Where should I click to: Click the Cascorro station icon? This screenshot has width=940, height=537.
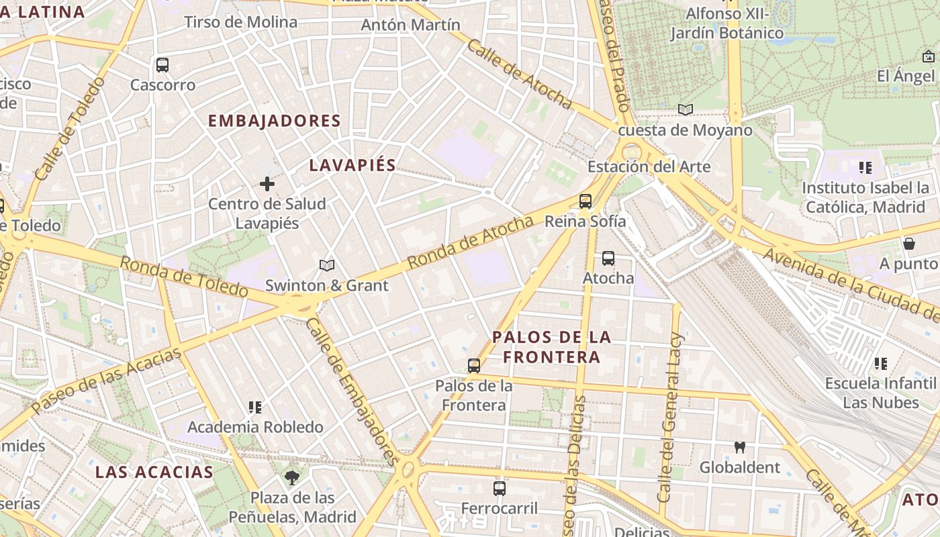tap(162, 65)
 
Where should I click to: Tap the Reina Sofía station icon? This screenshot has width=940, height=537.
tap(585, 201)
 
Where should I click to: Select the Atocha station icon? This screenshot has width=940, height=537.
tap(608, 258)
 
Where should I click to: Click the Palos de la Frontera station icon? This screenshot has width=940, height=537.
tap(474, 366)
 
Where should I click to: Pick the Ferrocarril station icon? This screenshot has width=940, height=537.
tap(500, 489)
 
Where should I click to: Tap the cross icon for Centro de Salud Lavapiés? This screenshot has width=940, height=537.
tap(267, 184)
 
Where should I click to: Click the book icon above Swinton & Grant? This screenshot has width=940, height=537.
tap(327, 266)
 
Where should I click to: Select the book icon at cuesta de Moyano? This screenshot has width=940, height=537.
tap(685, 109)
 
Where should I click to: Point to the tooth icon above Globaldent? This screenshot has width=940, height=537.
tap(740, 447)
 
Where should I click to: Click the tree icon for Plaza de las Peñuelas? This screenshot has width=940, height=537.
tap(292, 478)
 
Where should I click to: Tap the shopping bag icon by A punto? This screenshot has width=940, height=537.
tap(909, 243)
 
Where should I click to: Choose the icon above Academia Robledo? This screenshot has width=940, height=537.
tap(254, 407)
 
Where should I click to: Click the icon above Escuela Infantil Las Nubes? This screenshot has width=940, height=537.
tap(881, 364)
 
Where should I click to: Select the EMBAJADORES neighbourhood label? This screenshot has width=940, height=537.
tap(275, 121)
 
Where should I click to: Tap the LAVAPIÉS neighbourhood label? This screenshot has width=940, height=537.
tap(352, 166)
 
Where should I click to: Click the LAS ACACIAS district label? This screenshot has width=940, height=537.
tap(154, 472)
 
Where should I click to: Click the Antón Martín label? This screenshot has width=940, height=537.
tap(411, 25)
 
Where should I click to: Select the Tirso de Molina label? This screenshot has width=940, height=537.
tap(240, 22)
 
